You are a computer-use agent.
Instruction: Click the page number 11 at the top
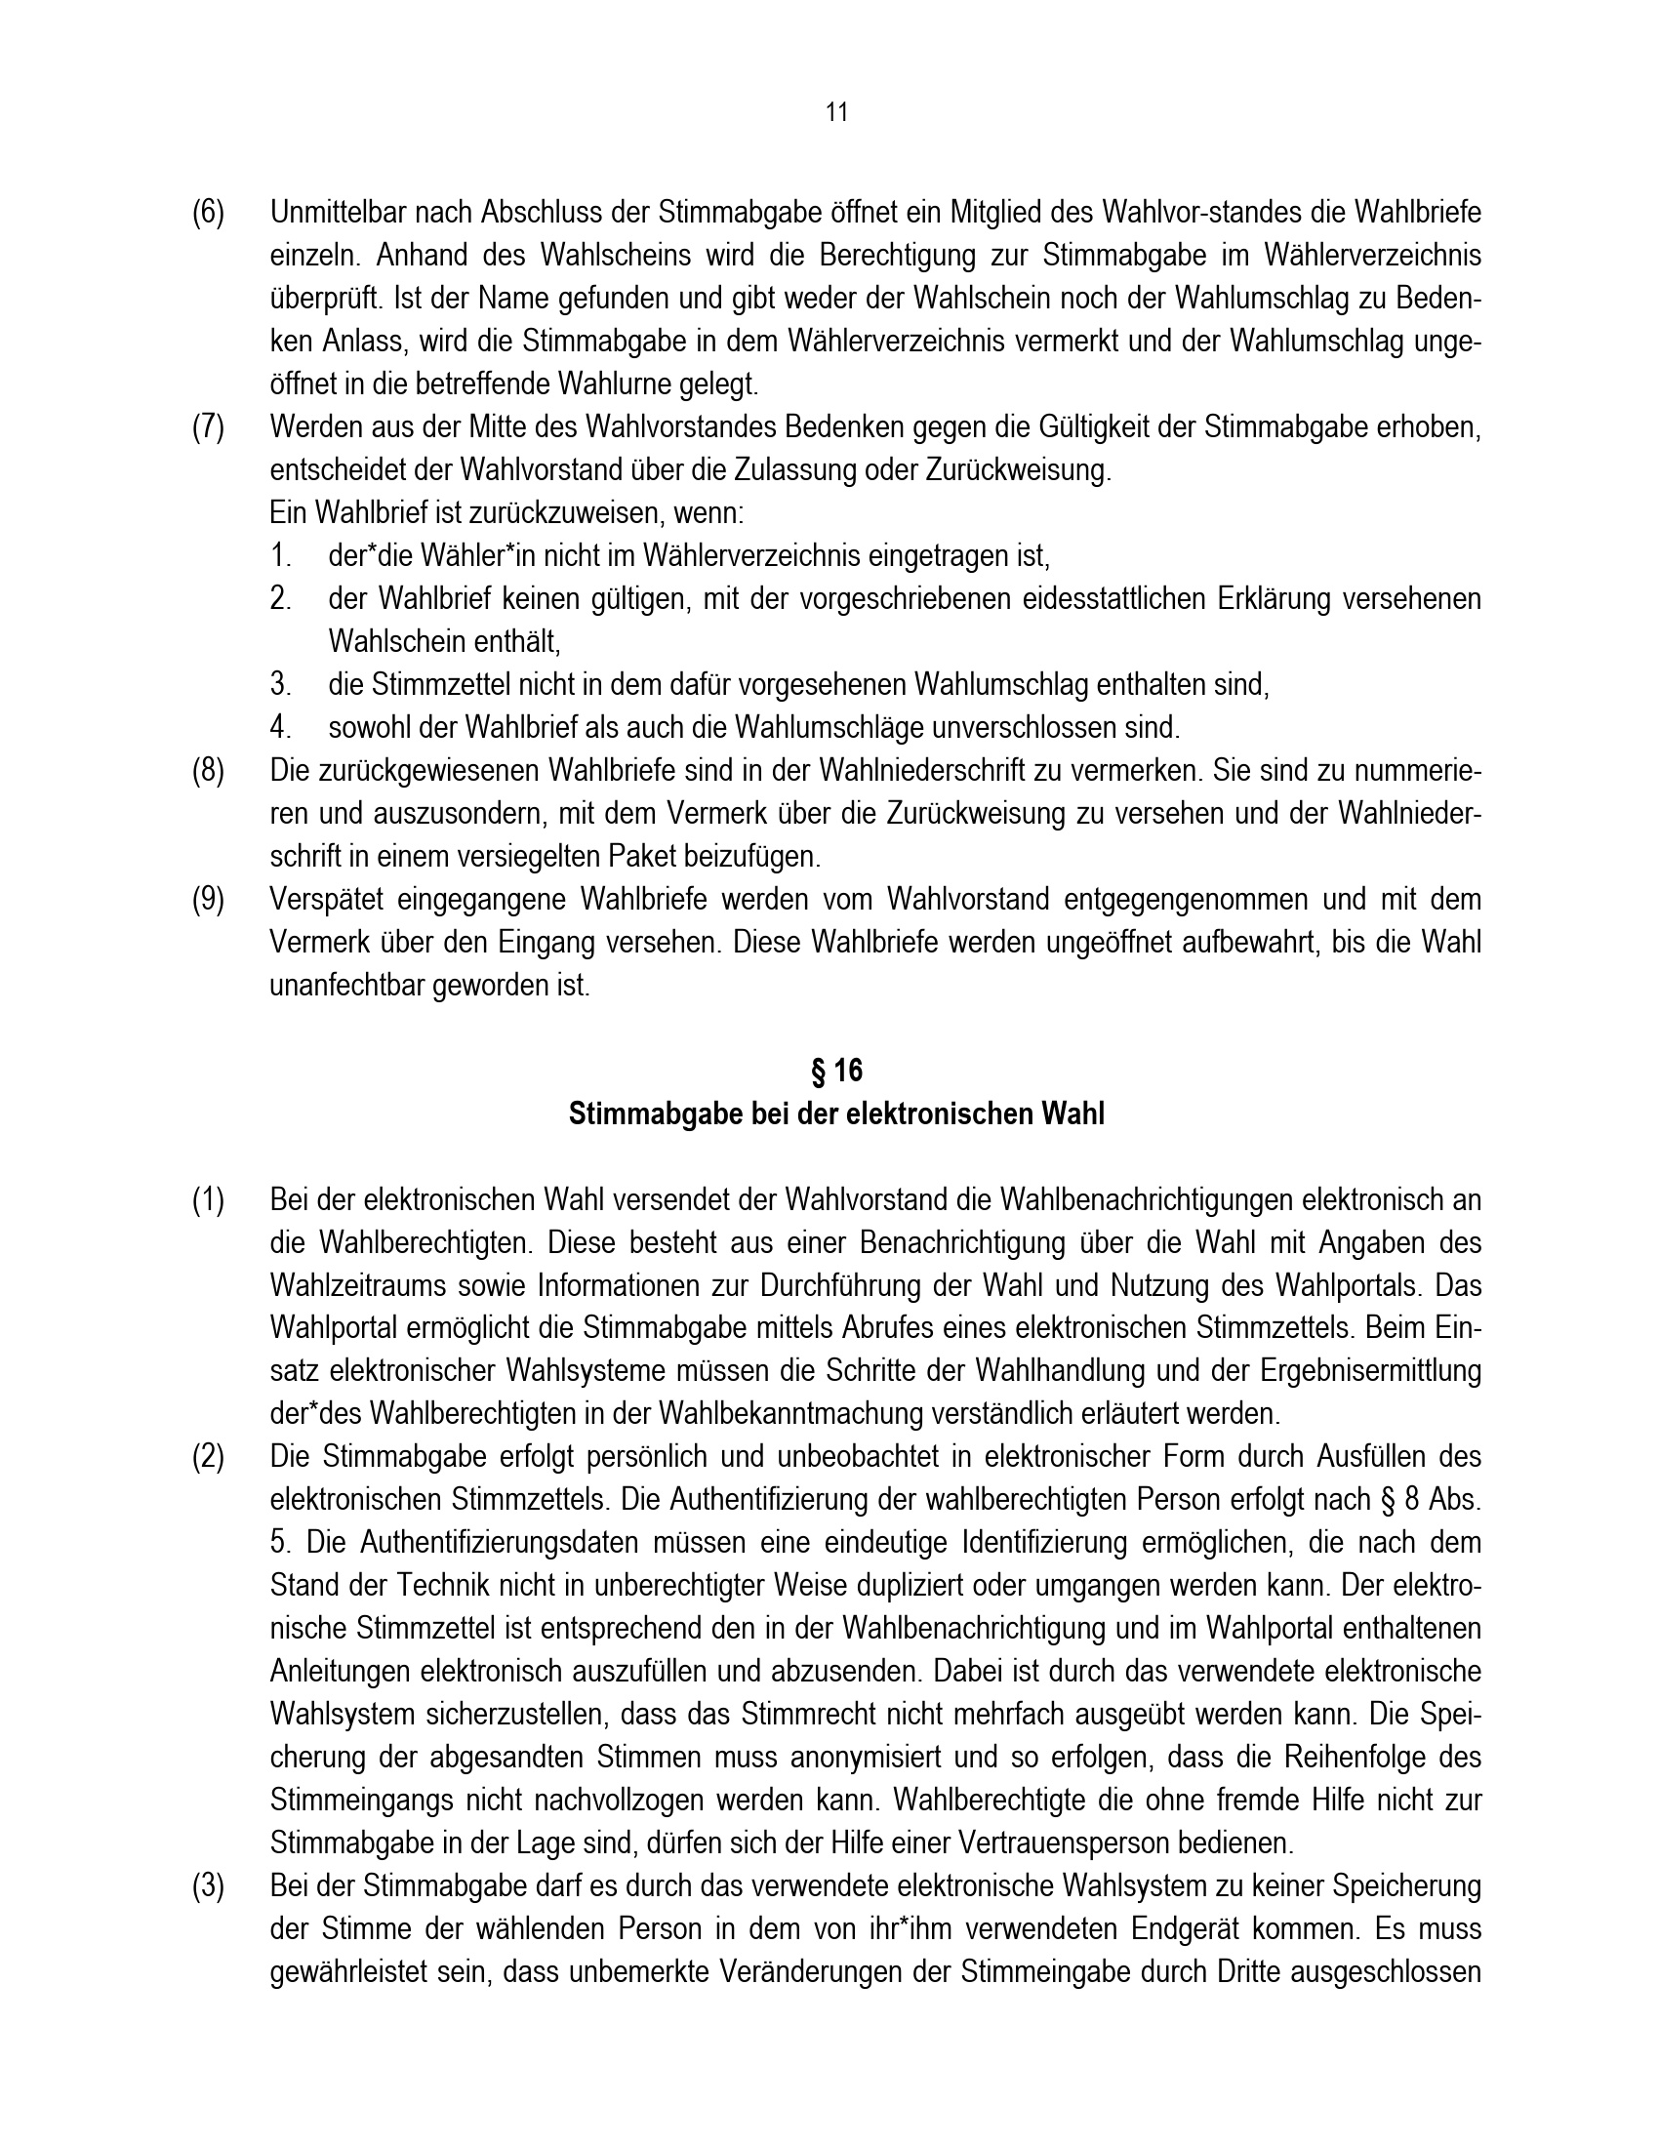[836, 113]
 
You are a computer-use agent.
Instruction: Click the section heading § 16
[836, 1072]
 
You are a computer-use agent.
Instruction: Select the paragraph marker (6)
[207, 213]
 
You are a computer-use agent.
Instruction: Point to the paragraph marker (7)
[207, 427]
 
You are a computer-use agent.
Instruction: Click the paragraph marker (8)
[207, 771]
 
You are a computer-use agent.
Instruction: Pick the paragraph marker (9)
[207, 900]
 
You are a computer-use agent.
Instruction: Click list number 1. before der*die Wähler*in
[281, 556]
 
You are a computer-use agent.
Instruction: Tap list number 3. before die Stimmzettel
[281, 685]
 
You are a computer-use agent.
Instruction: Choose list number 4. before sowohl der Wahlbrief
[281, 728]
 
